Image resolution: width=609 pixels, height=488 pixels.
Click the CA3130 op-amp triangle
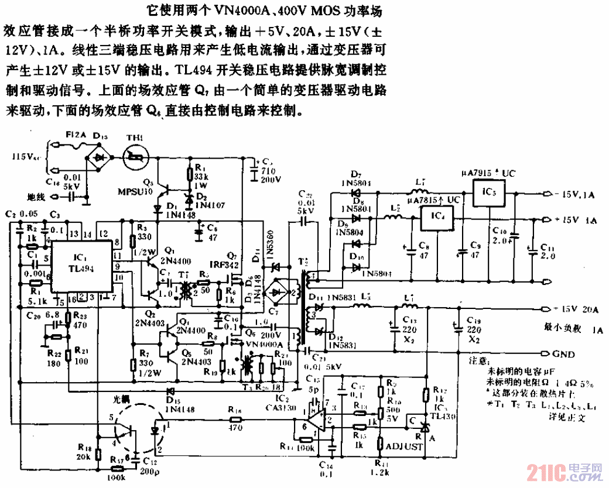point(316,417)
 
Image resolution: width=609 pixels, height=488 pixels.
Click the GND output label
point(564,354)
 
